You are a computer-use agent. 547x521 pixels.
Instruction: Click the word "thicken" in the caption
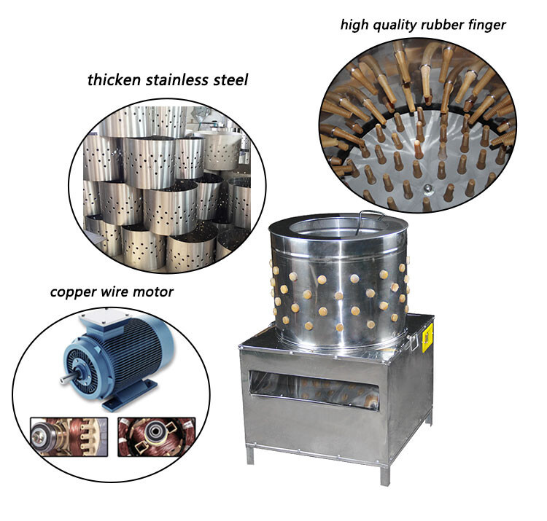click(x=114, y=80)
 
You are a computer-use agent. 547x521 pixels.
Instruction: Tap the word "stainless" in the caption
click(x=177, y=80)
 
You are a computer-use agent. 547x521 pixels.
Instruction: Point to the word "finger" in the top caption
click(x=487, y=26)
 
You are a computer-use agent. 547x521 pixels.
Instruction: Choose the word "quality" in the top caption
click(x=395, y=26)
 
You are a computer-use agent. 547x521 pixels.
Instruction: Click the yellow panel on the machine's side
click(x=427, y=337)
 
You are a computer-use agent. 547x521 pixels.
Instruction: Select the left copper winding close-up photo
click(x=69, y=436)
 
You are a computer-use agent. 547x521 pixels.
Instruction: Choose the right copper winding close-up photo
click(x=157, y=436)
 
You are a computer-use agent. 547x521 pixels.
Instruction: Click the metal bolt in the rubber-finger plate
click(x=427, y=189)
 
